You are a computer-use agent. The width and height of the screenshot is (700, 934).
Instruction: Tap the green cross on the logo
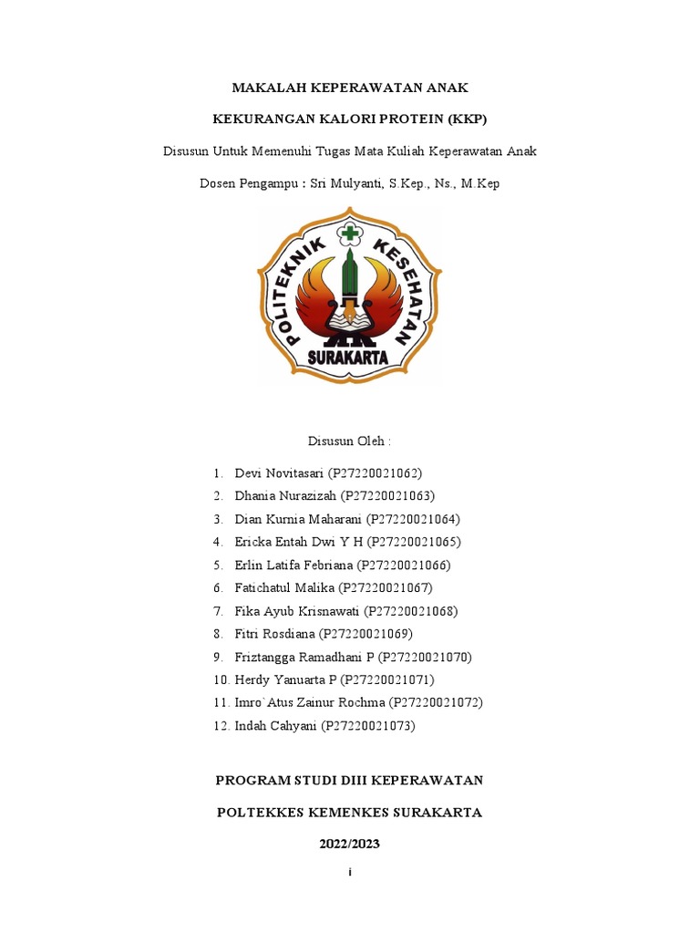(x=349, y=234)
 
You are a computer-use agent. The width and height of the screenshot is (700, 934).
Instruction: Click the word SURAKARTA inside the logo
(x=349, y=357)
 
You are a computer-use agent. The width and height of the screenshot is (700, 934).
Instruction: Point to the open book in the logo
(x=349, y=320)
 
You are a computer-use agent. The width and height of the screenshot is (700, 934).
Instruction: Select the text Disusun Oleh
(x=349, y=441)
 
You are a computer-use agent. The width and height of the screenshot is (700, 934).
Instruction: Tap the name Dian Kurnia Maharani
(x=298, y=519)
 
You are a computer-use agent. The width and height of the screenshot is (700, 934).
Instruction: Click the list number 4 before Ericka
(x=219, y=542)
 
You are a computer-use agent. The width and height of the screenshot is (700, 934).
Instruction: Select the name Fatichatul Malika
(x=284, y=587)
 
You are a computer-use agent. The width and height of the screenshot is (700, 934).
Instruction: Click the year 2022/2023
(x=349, y=845)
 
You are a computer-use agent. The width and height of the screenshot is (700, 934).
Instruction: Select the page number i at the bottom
(x=349, y=873)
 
